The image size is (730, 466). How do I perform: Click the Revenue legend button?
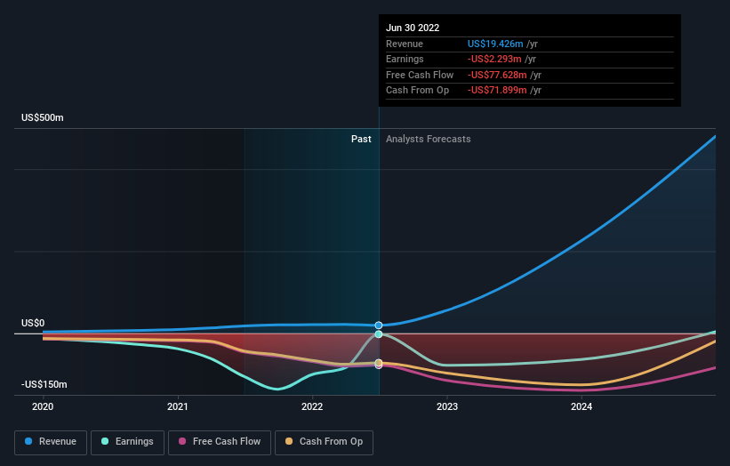pos(50,441)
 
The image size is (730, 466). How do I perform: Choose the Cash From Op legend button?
pos(324,441)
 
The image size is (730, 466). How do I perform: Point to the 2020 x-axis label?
pos(43,406)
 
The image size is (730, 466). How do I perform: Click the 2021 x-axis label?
pos(178,406)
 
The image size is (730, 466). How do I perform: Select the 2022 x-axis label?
pos(312,406)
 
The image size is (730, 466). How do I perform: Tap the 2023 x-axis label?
pos(446,406)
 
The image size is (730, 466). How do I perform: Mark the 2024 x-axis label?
pos(582,406)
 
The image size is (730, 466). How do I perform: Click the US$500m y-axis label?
pos(43,118)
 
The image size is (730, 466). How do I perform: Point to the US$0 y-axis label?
pos(34,324)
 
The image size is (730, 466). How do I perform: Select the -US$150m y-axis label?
pos(44,384)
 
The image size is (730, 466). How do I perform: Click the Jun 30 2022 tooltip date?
pos(413,28)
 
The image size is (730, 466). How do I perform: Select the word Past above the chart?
pos(361,139)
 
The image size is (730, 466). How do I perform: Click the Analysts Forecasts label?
pos(428,139)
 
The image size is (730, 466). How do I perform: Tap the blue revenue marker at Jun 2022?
pos(379,325)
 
